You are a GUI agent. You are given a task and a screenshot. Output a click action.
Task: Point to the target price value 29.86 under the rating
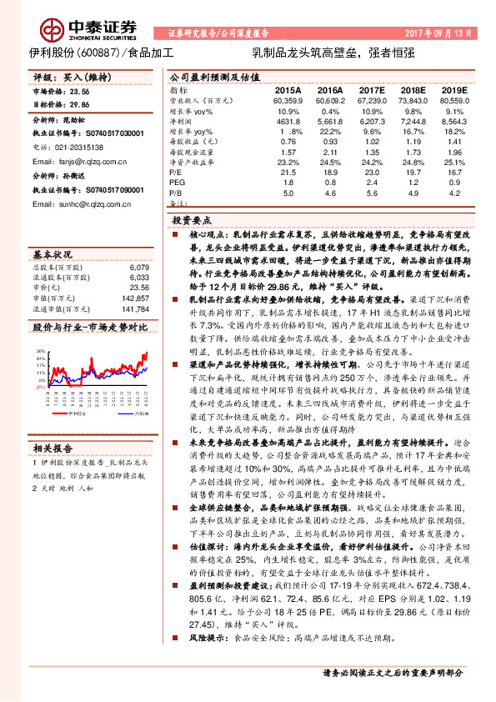(78, 106)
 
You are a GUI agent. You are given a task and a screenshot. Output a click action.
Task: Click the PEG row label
(176, 182)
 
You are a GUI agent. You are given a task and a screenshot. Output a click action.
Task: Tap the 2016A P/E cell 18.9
(330, 171)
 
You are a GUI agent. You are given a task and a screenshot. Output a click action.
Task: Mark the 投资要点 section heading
(193, 219)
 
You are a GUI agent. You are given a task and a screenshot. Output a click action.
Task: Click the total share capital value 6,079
(140, 267)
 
